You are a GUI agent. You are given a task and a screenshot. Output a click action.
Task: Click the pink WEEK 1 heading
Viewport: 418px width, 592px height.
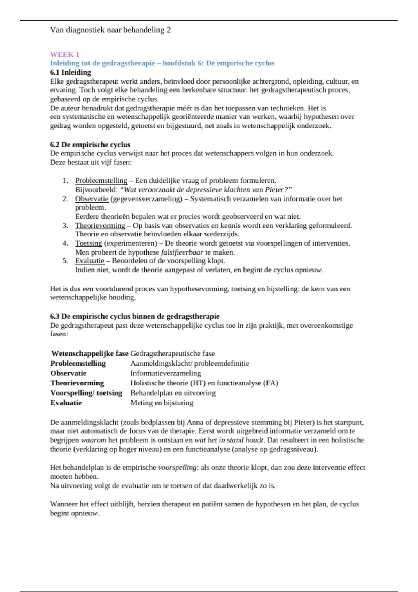pos(65,54)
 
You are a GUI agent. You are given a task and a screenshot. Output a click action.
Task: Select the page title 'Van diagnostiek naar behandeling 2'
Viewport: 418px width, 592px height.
pos(110,30)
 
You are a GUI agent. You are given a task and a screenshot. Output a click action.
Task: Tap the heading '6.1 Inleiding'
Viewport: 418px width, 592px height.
pos(70,72)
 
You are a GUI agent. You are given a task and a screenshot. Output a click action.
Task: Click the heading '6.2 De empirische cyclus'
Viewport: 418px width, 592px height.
pos(90,145)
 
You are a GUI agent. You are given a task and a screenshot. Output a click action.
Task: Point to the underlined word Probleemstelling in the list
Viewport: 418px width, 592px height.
pos(101,181)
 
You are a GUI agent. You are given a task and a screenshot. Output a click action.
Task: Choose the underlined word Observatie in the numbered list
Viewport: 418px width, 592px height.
pos(92,199)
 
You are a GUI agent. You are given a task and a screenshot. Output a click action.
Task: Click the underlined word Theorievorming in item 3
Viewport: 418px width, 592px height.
pos(100,225)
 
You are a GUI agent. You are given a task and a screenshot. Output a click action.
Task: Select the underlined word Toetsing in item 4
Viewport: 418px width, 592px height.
pos(88,243)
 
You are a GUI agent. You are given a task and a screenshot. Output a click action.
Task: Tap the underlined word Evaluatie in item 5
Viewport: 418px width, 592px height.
pos(90,261)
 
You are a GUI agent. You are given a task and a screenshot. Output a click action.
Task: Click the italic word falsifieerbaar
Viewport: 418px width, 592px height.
pos(182,252)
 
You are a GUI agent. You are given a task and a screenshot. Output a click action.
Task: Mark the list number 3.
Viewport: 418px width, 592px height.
pos(65,225)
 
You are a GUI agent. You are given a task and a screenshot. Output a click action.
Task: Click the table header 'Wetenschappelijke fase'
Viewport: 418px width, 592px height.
pos(90,353)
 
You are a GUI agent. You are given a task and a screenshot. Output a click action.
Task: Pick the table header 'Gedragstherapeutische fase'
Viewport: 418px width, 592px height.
pos(172,353)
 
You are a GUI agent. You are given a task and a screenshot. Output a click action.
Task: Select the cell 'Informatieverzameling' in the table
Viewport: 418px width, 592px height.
pos(165,373)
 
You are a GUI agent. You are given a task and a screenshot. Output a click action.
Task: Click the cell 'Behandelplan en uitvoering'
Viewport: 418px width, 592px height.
pos(173,393)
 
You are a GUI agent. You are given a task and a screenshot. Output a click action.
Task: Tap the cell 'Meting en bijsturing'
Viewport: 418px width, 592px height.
pos(162,403)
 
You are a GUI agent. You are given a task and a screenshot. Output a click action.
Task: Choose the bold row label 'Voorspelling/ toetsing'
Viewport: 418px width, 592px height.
pos(86,393)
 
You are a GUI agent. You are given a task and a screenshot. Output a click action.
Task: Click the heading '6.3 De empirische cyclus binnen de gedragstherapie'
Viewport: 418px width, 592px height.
pos(135,316)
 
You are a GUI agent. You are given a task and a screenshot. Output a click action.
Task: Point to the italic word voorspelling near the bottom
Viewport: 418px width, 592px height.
pos(177,467)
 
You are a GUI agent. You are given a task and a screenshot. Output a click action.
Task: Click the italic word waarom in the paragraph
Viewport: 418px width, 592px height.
pos(93,440)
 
